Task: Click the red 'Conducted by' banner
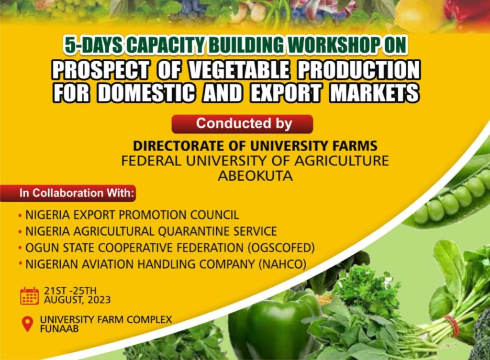[242, 124]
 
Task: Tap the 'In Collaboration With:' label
[77, 193]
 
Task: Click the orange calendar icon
[29, 295]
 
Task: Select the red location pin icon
[27, 324]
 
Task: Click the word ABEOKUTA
[256, 176]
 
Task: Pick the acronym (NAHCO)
[282, 264]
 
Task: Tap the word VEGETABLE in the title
[239, 70]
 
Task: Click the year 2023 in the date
[99, 300]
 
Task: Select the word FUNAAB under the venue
[59, 329]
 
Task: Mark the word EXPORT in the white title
[286, 93]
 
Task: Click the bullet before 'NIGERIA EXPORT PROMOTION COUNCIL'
[20, 216]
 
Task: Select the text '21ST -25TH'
[70, 291]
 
